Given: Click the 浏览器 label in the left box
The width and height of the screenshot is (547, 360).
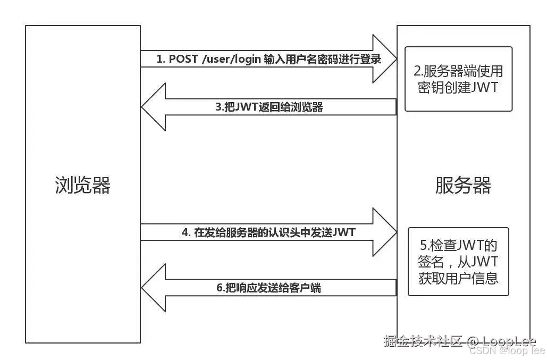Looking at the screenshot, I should (82, 185).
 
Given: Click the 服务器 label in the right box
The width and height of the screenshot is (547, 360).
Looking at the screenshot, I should (463, 185).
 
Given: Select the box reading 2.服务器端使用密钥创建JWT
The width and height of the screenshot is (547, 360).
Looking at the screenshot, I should (458, 79).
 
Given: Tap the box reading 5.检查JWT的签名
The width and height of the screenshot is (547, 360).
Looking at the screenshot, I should (458, 262).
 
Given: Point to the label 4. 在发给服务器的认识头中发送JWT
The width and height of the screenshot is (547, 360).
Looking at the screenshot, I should (268, 232).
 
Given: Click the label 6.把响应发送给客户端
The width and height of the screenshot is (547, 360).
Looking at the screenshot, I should (268, 288).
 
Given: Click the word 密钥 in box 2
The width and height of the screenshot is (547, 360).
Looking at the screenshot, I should (431, 87).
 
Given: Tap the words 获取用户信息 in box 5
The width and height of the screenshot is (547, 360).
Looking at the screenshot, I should (458, 278).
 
